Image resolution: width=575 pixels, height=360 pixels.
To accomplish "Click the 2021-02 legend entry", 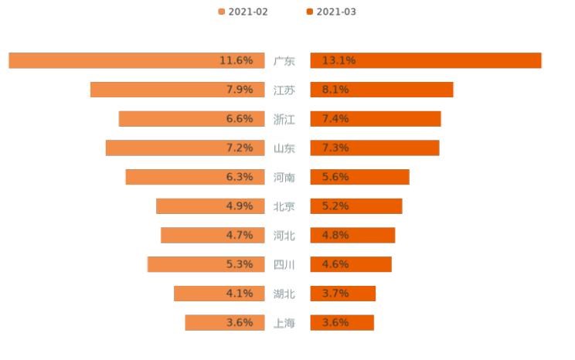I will (243, 12).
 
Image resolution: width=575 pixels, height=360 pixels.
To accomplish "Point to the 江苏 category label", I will (284, 90).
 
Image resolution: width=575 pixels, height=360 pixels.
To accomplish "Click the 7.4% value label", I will (335, 119).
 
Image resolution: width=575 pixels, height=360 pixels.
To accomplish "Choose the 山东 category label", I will (284, 148).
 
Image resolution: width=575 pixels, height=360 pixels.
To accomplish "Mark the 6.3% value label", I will (240, 177).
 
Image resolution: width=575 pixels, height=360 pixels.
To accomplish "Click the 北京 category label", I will (284, 206).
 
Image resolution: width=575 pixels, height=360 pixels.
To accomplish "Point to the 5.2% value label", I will (335, 206).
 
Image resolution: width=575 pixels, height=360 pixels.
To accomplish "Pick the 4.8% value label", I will (335, 235).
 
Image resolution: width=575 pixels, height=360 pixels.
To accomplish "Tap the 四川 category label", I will (284, 264).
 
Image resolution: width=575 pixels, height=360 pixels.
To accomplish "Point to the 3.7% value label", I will (335, 294).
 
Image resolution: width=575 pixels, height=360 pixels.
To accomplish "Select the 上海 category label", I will (284, 323).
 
